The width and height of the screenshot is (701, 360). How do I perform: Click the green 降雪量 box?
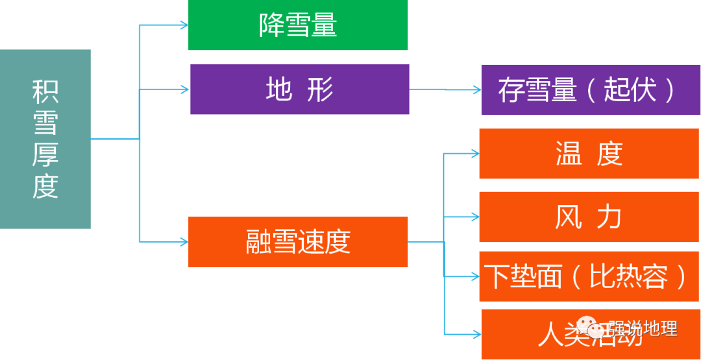point(298,25)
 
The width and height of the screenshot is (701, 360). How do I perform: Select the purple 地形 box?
point(299,90)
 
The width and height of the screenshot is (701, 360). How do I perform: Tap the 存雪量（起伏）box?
point(590,90)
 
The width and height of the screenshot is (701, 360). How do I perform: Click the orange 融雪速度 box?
point(298,241)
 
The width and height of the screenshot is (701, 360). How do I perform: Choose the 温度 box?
point(589,154)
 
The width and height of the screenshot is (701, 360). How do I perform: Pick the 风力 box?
point(589,217)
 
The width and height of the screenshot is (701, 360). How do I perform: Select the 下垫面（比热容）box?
point(589,277)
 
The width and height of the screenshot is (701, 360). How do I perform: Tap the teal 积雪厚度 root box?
point(45,139)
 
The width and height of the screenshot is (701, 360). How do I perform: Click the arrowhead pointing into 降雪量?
point(184,25)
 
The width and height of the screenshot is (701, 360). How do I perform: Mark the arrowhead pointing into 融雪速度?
point(184,242)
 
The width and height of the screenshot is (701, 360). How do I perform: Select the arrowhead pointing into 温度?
point(474,154)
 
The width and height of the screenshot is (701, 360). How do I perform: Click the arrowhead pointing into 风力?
point(474,217)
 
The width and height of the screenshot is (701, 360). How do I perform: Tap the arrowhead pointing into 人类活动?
point(476,335)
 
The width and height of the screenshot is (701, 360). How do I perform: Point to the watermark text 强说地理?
point(643,328)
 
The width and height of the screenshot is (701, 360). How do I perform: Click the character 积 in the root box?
point(45,91)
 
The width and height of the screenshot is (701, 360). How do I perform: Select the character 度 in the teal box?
point(45,186)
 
